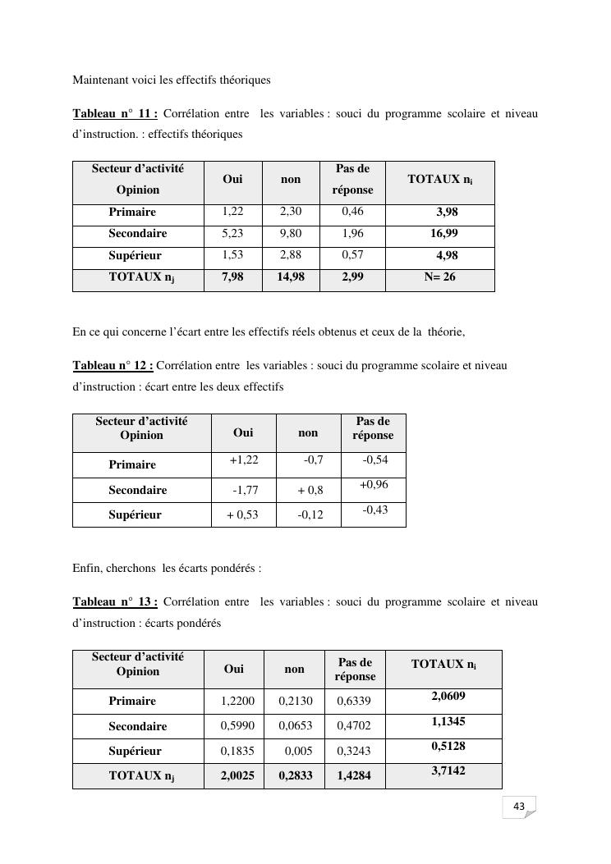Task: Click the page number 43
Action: [519, 807]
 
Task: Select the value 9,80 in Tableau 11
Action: [291, 234]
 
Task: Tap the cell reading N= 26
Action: [439, 277]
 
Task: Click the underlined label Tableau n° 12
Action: [113, 365]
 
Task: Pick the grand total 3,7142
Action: [448, 771]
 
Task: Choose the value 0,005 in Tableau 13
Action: [298, 751]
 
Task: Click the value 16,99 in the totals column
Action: [444, 234]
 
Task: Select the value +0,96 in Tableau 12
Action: [374, 485]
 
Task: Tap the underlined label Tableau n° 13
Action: [115, 602]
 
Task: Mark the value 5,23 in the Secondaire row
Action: [232, 234]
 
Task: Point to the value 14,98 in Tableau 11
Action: [291, 277]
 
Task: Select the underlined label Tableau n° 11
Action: [115, 113]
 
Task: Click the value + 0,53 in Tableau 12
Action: [242, 515]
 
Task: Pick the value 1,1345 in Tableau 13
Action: [448, 722]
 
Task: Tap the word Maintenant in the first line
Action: [101, 80]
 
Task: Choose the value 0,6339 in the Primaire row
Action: [354, 702]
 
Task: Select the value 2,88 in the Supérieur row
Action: [291, 255]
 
